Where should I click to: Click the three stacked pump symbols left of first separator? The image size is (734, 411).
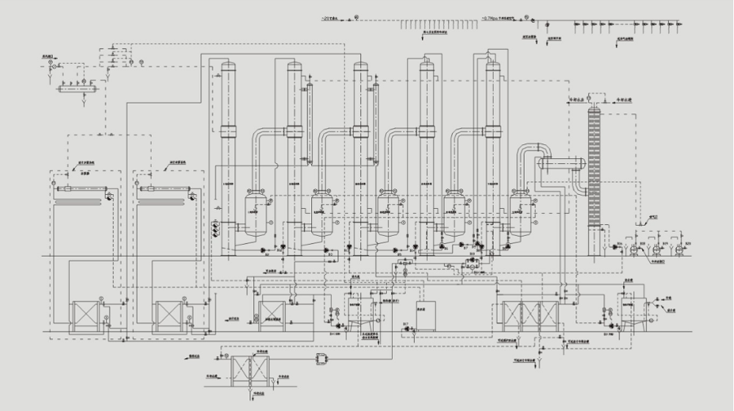point(216,229)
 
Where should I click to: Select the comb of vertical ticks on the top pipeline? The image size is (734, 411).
point(432,24)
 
